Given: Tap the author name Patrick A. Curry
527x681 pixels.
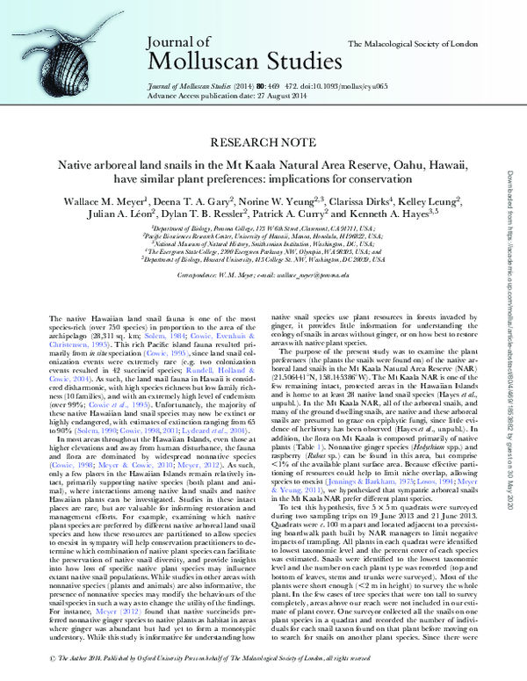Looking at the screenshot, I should click(x=300, y=215).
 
